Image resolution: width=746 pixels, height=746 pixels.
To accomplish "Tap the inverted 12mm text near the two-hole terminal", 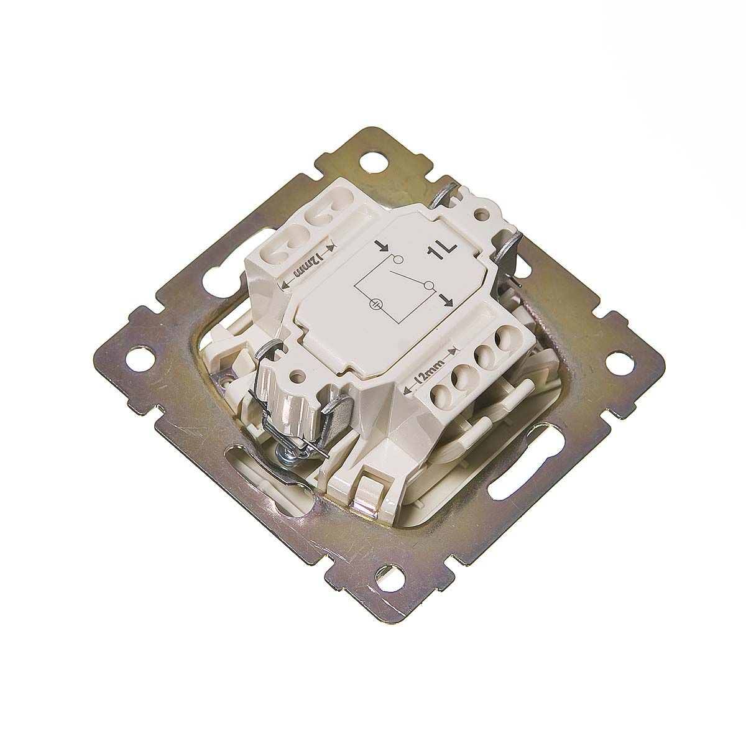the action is pos(306,266).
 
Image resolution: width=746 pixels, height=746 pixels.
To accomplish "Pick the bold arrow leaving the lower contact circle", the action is pos(445,300).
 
